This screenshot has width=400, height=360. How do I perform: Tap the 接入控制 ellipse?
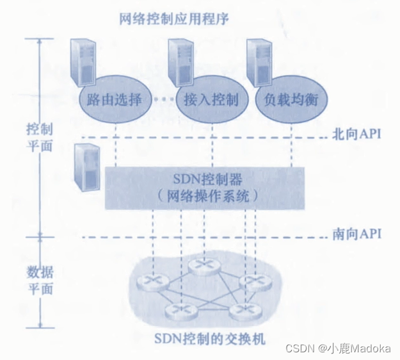pos(211,100)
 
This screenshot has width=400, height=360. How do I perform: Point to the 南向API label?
pos(356,233)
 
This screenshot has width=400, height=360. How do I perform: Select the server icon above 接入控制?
pos(181,61)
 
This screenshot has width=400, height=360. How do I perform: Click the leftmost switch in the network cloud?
pos(151,281)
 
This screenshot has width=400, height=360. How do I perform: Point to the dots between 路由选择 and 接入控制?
pos(164,100)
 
